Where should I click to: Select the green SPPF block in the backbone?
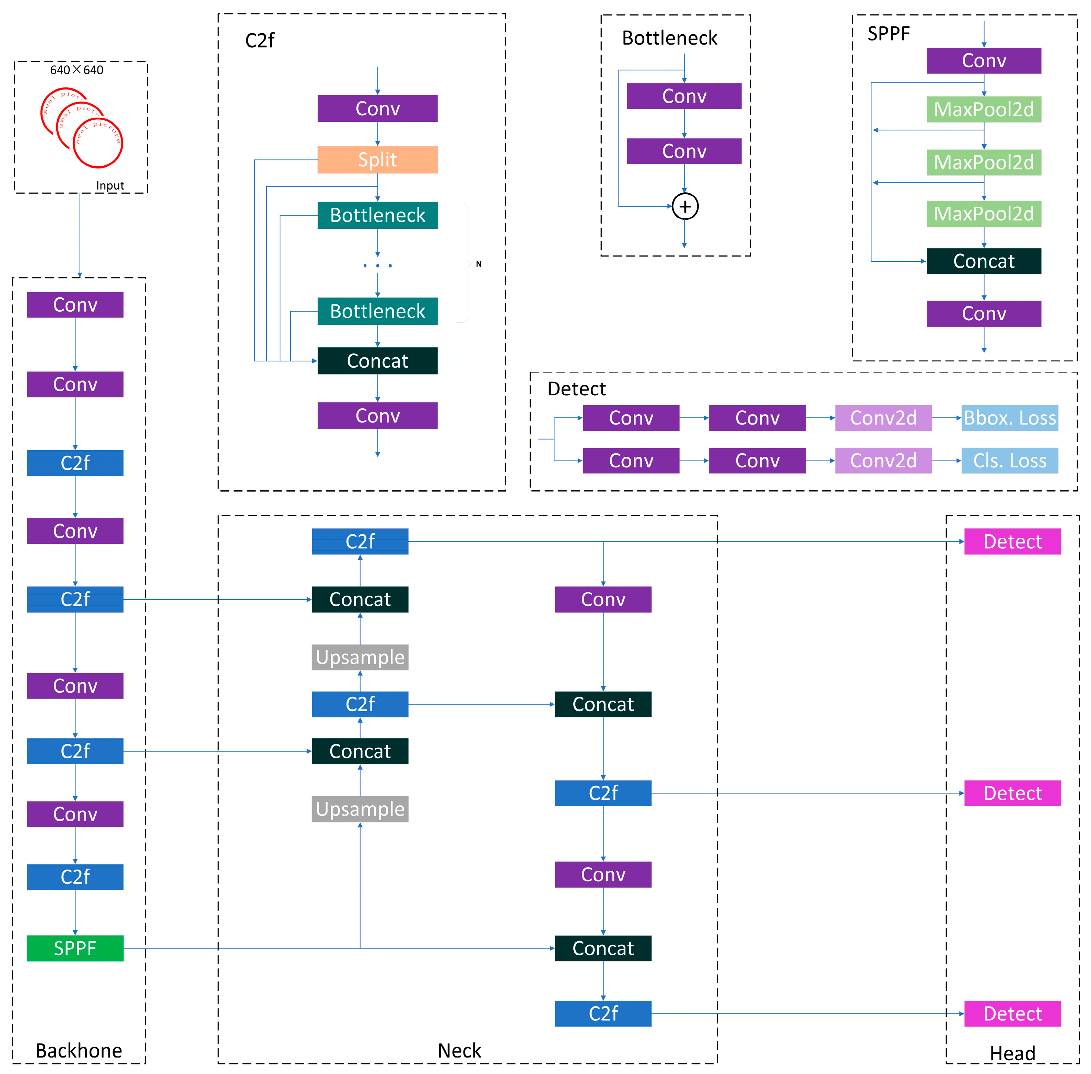75,948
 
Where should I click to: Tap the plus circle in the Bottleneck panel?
685,206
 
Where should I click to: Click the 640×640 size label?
77,70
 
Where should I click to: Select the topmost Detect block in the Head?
1012,541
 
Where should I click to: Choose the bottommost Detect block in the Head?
1012,1014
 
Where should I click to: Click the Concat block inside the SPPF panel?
983,261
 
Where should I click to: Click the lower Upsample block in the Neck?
360,809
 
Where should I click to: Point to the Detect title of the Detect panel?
576,389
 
